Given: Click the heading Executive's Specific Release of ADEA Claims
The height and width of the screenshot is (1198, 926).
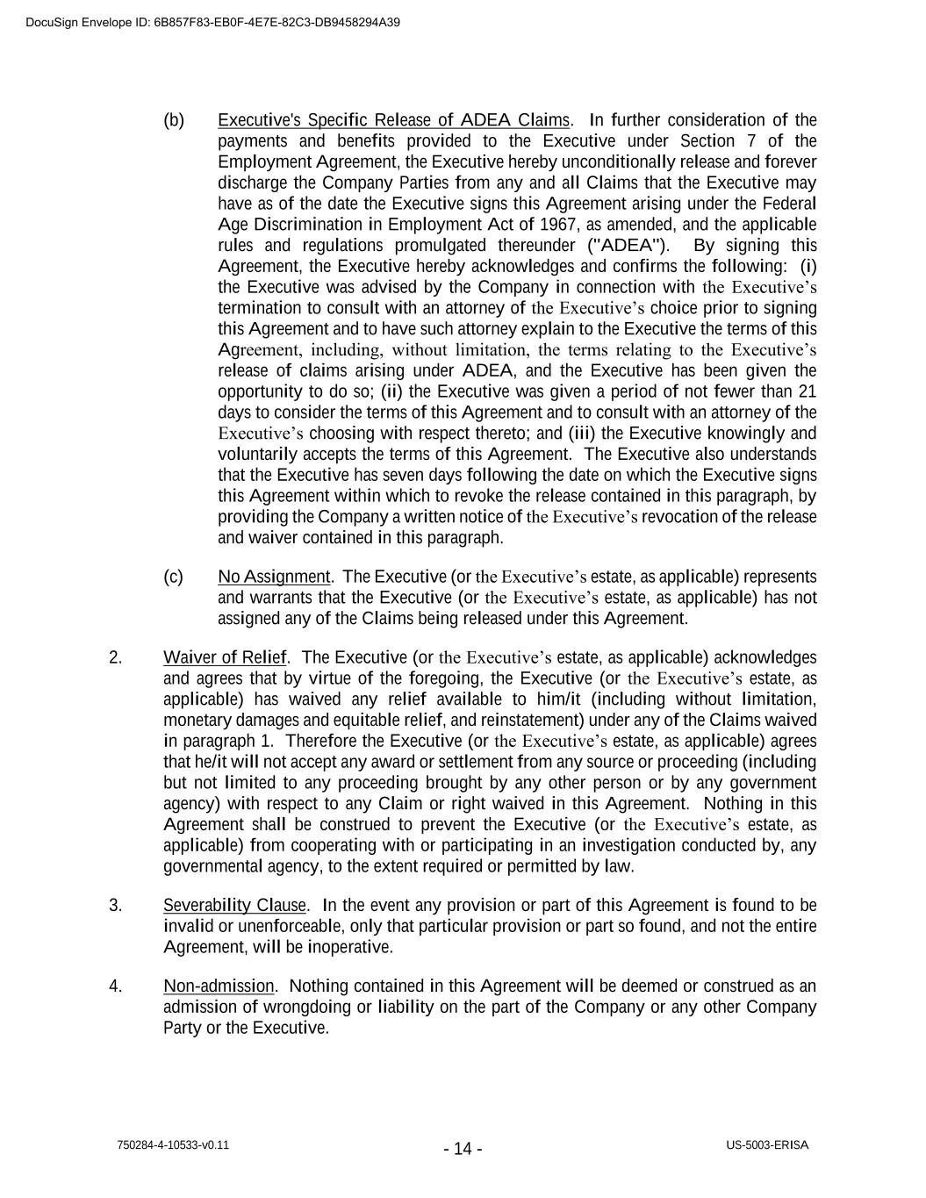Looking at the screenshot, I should click(x=393, y=120).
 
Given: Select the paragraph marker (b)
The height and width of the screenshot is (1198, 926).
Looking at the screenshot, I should click(x=174, y=120).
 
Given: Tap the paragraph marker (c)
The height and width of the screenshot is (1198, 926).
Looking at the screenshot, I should click(x=174, y=577).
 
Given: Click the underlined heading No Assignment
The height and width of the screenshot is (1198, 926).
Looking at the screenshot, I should click(x=274, y=577).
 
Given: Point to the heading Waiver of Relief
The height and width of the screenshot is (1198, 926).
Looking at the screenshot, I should click(x=225, y=657).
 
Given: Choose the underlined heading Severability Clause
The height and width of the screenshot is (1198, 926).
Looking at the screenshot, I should click(x=235, y=905).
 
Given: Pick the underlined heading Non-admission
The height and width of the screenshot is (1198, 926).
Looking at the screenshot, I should click(x=219, y=986).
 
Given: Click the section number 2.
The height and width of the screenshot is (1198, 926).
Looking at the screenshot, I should click(x=116, y=657).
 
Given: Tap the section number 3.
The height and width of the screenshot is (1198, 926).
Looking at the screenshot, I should click(x=116, y=905).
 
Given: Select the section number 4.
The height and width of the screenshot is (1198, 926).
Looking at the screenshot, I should click(x=116, y=986).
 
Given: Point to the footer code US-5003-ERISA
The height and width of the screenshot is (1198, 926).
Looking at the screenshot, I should click(x=767, y=1145).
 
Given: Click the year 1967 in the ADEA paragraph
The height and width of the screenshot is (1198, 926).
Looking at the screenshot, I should click(x=558, y=225).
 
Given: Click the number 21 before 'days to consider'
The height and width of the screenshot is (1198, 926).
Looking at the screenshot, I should click(x=808, y=391).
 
